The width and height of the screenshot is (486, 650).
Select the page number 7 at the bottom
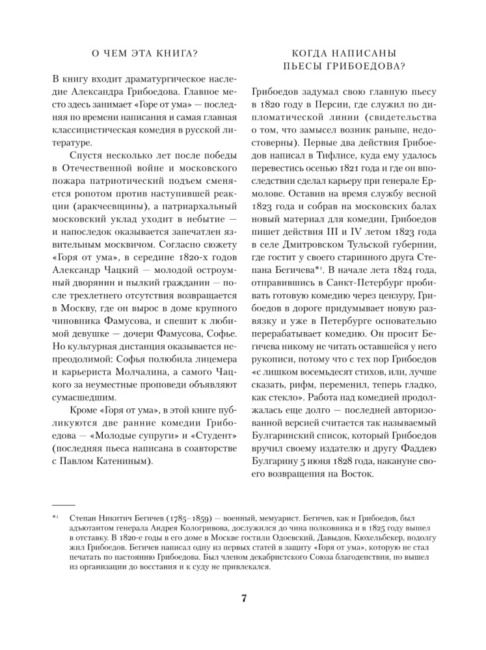(x=243, y=599)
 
